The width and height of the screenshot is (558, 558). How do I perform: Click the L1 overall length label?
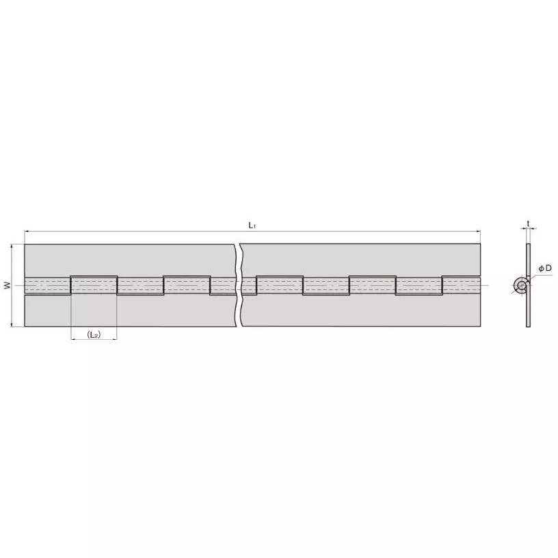252,225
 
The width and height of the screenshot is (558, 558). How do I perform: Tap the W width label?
6,285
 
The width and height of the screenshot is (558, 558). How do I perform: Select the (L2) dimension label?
94,334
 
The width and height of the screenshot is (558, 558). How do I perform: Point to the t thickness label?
528,222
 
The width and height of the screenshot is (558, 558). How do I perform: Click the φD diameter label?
545,268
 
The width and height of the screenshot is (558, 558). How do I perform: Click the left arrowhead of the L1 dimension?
27,232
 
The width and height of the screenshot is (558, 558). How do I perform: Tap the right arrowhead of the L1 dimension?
478,232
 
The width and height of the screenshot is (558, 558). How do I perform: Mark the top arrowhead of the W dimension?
12,246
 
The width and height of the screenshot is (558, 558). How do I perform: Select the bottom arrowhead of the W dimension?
12,325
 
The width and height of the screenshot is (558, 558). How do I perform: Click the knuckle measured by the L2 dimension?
94,285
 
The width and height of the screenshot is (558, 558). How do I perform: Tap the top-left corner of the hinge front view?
25,244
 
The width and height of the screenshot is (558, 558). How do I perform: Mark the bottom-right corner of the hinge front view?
480,327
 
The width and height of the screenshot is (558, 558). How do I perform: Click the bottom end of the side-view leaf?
528,325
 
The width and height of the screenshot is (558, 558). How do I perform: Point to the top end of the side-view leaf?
528,245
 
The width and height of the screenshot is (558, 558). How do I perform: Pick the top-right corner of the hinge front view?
480,244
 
